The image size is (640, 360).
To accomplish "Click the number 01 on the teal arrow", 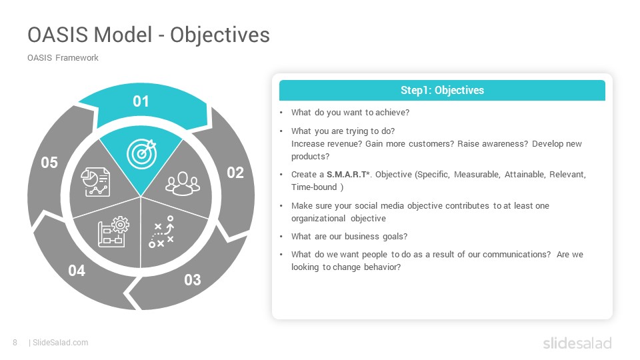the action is point(141,101).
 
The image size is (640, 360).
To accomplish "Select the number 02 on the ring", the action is point(235,173).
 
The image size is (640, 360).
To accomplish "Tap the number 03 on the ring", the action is point(193,280).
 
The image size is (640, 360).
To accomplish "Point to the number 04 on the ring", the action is point(77,271).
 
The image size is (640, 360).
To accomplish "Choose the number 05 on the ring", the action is point(49,163).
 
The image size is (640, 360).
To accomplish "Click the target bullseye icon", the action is point(141,154).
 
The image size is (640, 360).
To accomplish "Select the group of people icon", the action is point(183,184).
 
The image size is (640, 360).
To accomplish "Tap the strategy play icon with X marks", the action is point(161,232).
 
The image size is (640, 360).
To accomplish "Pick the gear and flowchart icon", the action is point(113,231).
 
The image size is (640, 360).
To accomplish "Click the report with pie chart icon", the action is point(95,182).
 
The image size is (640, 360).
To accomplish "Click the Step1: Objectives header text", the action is point(442,90).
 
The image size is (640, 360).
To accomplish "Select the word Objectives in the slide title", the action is point(220,35).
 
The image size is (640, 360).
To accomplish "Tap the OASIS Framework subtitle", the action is point(63,58).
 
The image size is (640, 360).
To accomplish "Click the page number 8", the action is point(15,343).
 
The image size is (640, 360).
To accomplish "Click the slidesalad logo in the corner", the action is point(577,343).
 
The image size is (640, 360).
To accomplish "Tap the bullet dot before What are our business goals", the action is point(281,237).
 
